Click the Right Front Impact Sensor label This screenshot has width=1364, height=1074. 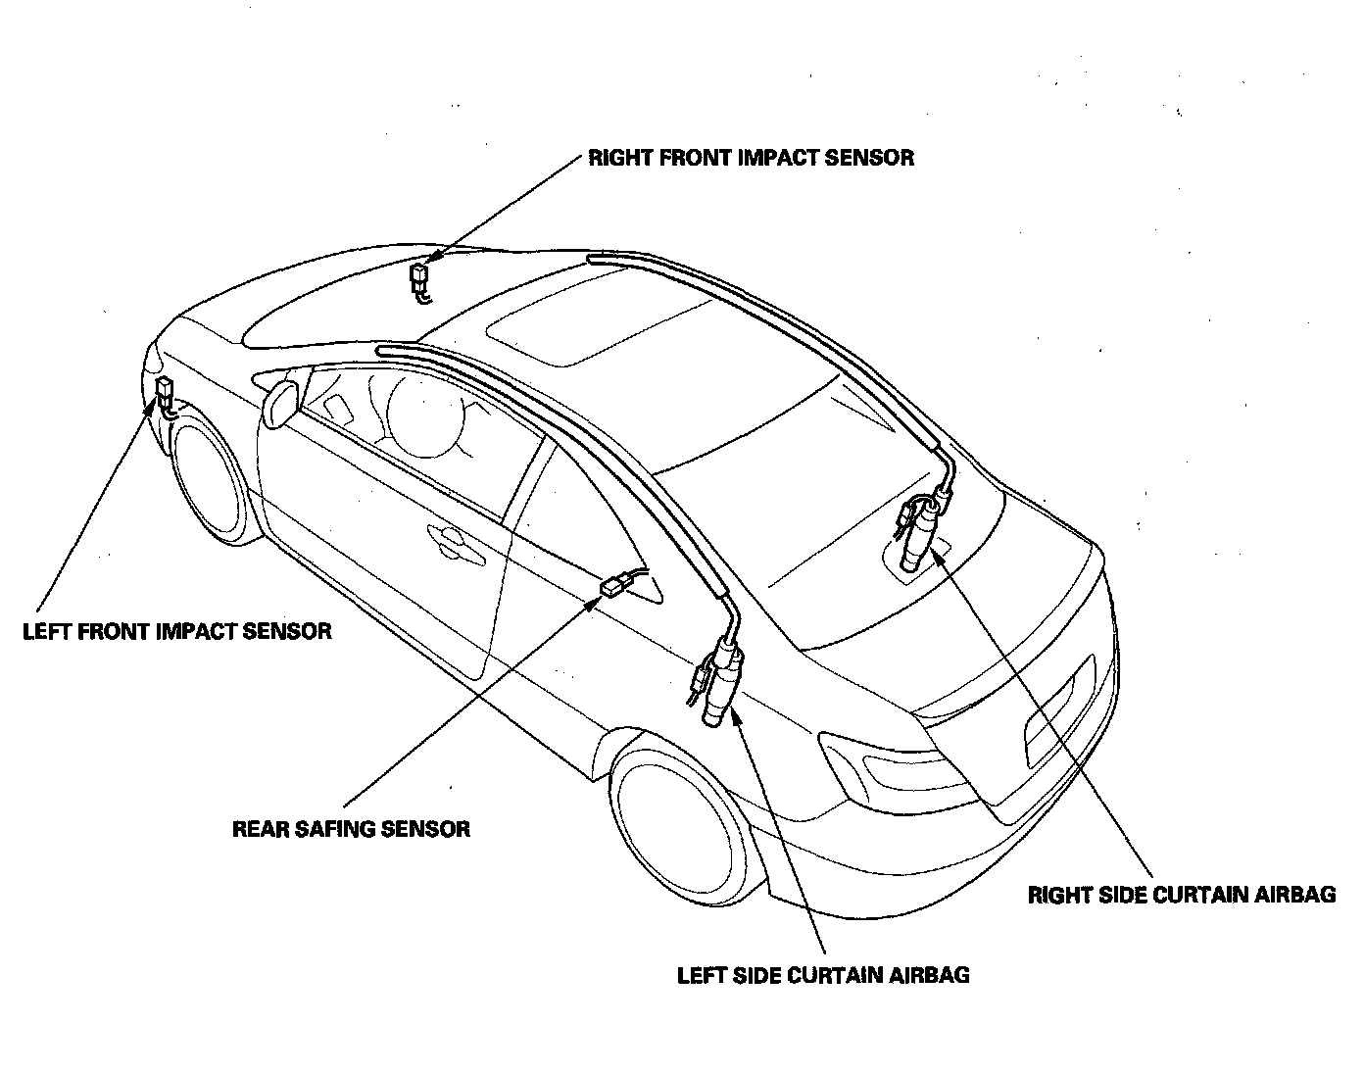coord(751,158)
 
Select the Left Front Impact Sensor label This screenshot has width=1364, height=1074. coord(177,630)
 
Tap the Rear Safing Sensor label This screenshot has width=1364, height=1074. coord(351,829)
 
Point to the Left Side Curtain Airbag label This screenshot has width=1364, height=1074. coord(823,975)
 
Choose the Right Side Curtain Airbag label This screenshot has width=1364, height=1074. coord(1181,895)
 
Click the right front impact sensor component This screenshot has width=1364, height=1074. coord(420,276)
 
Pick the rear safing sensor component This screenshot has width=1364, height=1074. coord(612,586)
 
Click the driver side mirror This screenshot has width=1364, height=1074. coord(281,405)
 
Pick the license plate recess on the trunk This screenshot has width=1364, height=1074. coord(1058,711)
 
